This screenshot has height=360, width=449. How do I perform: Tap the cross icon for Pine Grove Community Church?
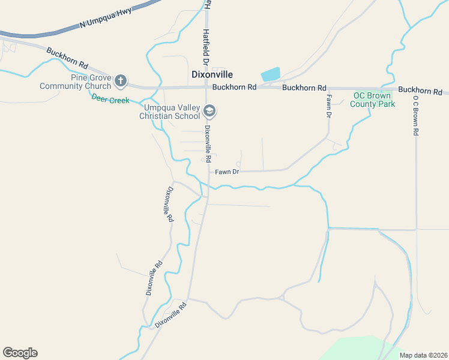point(121,80)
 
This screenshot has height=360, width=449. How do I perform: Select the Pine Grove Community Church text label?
point(75,82)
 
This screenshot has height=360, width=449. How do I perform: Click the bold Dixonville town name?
point(211,74)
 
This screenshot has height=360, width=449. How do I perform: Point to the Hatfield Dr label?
point(205,47)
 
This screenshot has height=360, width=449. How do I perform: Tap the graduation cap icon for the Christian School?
point(209,110)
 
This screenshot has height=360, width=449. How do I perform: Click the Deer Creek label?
point(110,100)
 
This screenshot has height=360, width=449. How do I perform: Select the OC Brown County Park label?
point(373,100)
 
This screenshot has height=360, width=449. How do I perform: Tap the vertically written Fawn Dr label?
point(329,106)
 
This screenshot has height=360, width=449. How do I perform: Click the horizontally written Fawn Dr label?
point(227,172)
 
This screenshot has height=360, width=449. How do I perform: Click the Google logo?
point(20,353)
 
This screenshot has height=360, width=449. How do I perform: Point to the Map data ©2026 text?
point(423,355)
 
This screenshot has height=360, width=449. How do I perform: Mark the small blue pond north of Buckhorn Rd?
point(271,74)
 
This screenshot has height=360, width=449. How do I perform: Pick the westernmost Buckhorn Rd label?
point(67,58)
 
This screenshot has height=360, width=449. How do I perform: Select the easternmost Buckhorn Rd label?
point(420,91)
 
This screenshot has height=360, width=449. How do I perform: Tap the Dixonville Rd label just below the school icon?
point(208,144)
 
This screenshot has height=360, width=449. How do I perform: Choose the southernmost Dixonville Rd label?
point(170,314)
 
